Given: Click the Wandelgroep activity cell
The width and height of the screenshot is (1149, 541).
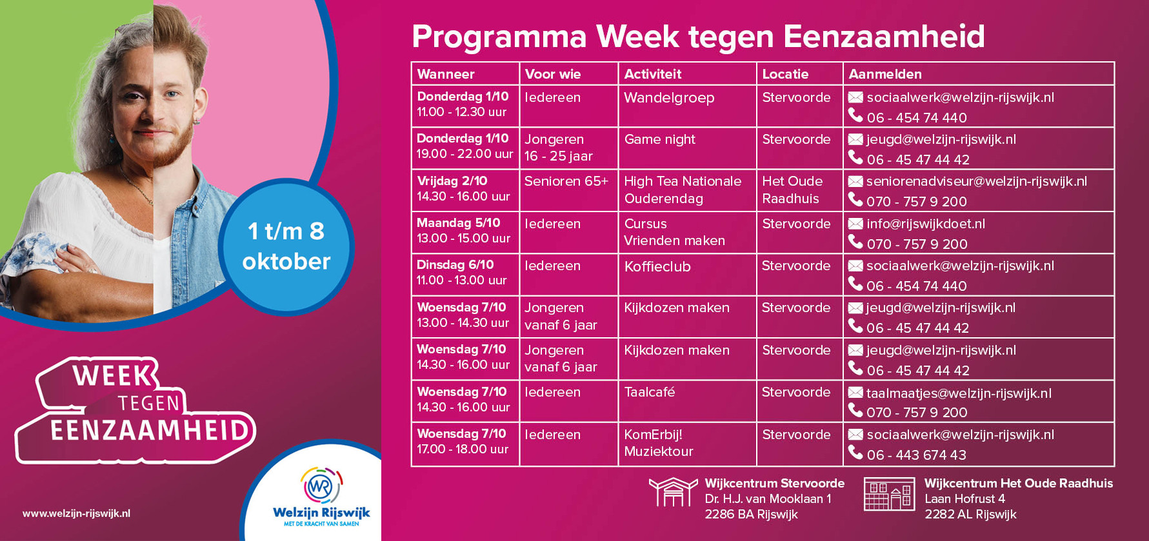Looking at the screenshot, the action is click(x=687, y=106).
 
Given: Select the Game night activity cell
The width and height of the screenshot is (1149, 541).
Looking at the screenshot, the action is click(x=687, y=148).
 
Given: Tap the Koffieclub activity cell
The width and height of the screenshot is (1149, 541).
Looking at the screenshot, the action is click(x=687, y=275).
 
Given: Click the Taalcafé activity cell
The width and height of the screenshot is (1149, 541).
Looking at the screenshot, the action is click(x=687, y=401).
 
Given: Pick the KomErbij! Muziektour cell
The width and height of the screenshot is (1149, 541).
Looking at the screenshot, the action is click(x=687, y=444).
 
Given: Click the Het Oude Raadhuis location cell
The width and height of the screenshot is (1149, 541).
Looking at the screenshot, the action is click(x=799, y=190).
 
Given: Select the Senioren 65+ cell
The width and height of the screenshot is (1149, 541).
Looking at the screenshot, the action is click(x=568, y=190).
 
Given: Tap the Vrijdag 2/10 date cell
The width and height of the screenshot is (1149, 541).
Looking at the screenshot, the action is click(x=465, y=190).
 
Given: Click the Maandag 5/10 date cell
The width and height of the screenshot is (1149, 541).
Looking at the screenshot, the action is click(x=465, y=232).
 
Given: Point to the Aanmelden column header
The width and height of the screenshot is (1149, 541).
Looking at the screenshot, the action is click(x=979, y=74).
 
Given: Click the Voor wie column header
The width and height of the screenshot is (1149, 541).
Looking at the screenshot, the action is click(x=568, y=74).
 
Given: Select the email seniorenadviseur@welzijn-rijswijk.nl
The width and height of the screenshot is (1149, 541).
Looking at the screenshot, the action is click(x=976, y=181).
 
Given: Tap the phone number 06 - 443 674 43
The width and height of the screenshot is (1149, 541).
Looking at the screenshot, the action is click(x=916, y=455).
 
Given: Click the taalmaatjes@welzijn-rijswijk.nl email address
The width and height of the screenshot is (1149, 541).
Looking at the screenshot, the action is click(x=959, y=393).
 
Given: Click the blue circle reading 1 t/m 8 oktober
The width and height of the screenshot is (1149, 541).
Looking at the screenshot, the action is click(x=286, y=246).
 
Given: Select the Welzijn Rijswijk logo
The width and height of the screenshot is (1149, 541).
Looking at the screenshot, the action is click(x=321, y=497).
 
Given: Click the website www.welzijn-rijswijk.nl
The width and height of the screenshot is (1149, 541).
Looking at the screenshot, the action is click(x=76, y=513).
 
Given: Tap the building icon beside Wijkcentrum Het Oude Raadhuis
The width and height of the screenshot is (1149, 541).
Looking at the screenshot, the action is click(x=890, y=495).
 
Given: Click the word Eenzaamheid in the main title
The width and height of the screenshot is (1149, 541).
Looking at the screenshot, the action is click(x=884, y=36).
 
